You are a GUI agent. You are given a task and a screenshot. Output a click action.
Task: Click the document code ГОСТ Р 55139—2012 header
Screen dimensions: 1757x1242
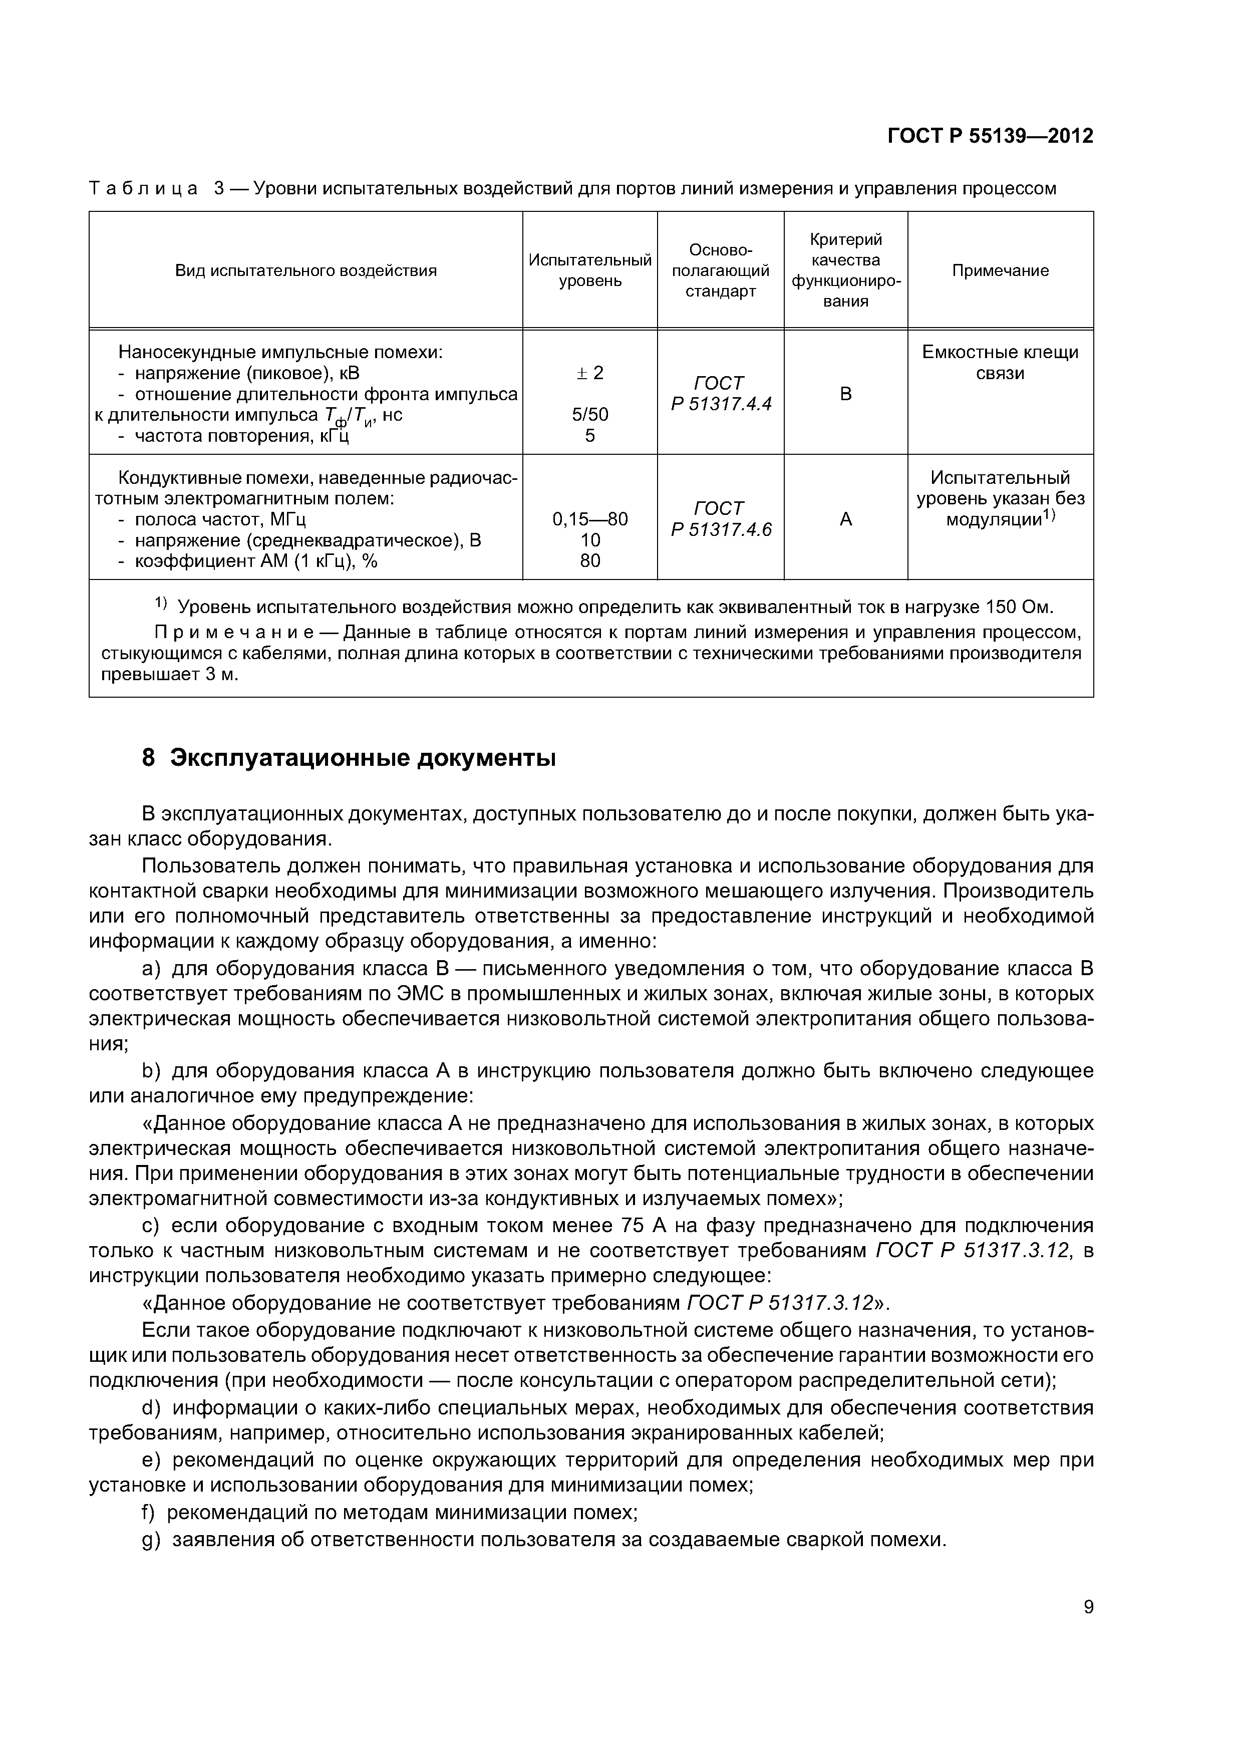coord(990,136)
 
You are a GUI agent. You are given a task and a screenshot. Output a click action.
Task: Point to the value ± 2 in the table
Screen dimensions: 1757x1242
coord(589,373)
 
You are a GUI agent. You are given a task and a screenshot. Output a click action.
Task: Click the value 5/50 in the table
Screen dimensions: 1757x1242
coord(590,415)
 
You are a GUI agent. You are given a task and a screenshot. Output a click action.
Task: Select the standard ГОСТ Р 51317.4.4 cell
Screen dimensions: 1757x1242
coord(720,393)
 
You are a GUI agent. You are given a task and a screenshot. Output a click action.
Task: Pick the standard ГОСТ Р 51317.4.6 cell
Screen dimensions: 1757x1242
coord(720,519)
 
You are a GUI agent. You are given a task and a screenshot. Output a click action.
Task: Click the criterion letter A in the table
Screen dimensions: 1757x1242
coord(845,519)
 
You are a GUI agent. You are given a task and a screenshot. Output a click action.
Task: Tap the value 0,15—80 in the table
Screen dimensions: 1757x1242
coord(590,519)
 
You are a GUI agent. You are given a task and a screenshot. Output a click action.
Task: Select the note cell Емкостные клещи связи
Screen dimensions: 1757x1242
coord(1000,362)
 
